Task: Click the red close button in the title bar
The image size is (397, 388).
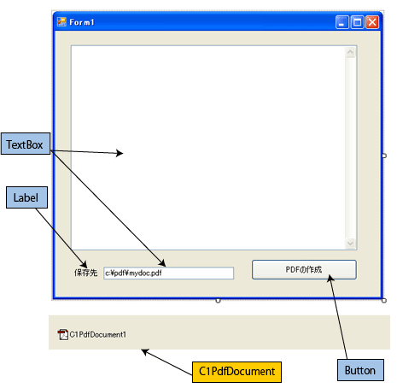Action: (x=372, y=22)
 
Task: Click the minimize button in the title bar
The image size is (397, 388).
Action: (x=342, y=22)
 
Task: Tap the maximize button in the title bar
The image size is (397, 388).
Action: (x=357, y=22)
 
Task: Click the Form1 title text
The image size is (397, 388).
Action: (x=82, y=22)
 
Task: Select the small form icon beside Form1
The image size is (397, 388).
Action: (x=61, y=22)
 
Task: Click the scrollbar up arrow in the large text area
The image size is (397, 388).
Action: (x=350, y=52)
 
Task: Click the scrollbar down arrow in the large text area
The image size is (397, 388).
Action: (x=350, y=244)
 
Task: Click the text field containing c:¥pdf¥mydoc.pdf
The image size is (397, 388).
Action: (x=169, y=273)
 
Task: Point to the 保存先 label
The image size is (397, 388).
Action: (x=85, y=273)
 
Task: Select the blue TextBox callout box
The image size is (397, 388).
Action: (x=26, y=144)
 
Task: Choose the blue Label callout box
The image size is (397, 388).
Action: (x=26, y=197)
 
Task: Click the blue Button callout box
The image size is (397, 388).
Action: (x=360, y=370)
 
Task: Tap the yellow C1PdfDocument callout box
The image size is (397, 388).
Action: (x=236, y=372)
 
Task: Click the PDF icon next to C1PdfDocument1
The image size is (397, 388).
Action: (x=63, y=334)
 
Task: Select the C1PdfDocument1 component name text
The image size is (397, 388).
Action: (x=98, y=334)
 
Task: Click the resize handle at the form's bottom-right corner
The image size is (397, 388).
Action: (x=384, y=301)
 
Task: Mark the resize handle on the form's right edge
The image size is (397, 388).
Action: (x=384, y=156)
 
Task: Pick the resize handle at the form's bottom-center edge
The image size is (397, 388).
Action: (x=218, y=301)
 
